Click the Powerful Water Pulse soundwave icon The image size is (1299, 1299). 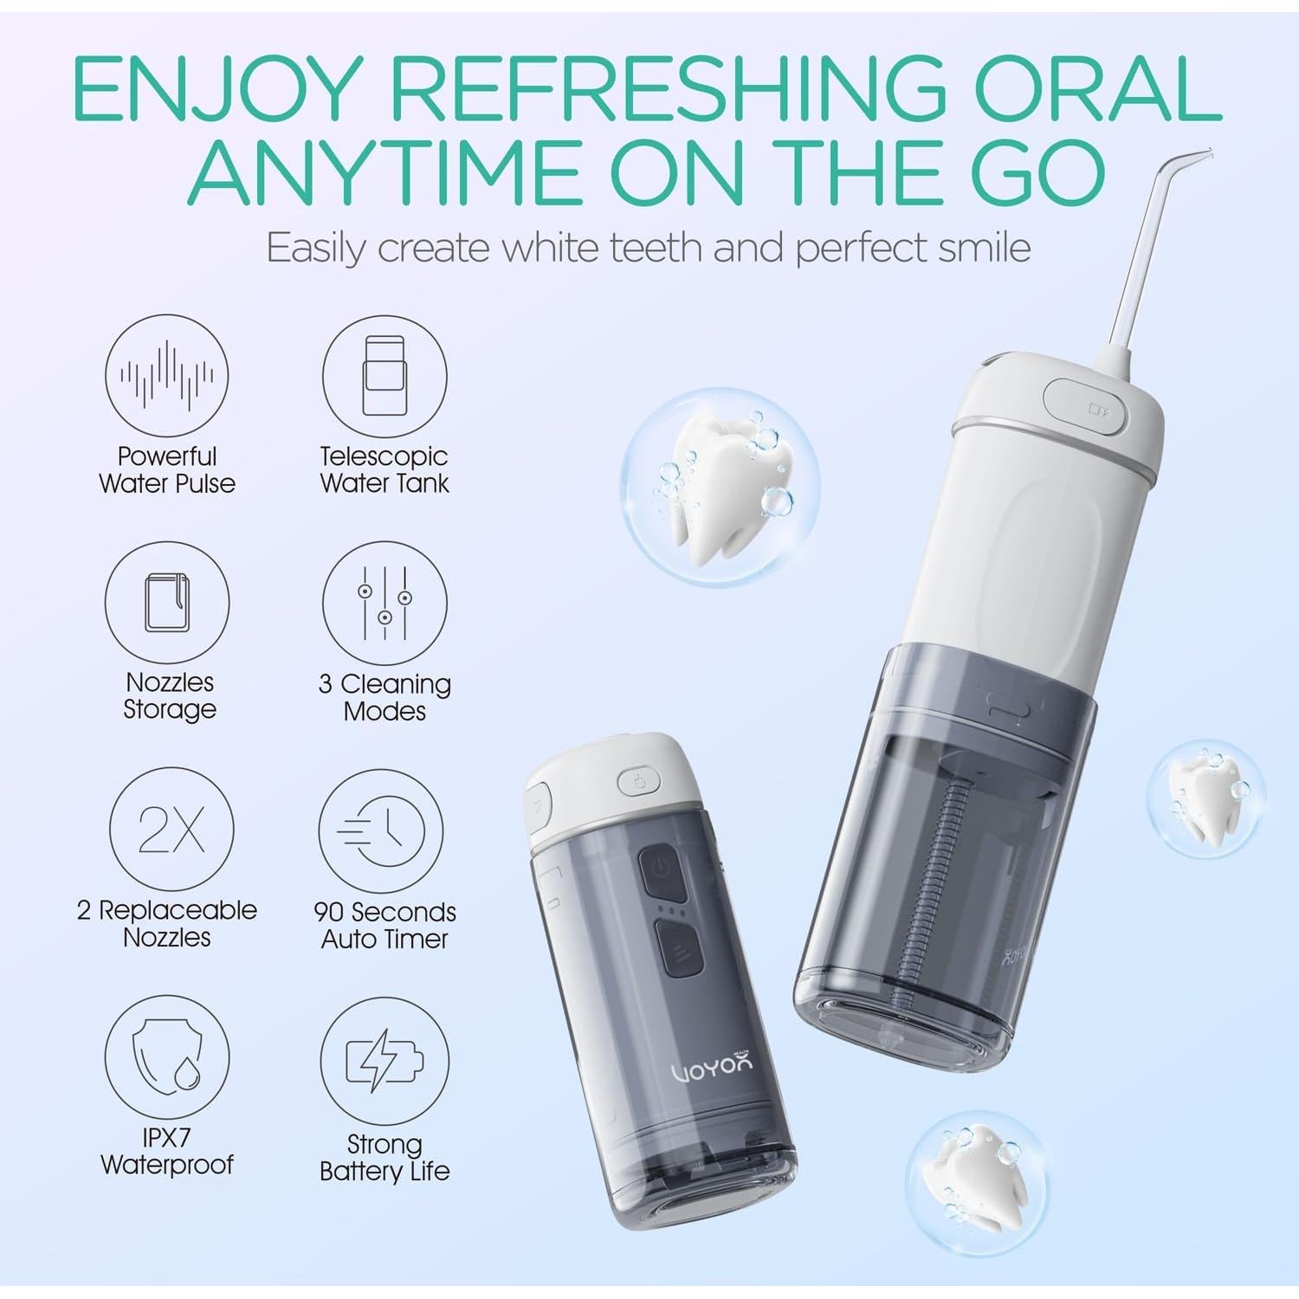(167, 376)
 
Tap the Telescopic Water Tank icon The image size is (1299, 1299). (385, 376)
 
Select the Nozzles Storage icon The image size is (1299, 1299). (167, 603)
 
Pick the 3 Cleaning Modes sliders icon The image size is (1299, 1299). (385, 603)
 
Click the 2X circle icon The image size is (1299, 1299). (171, 829)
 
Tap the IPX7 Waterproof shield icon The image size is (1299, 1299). (167, 1057)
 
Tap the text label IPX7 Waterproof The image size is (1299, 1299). (167, 1151)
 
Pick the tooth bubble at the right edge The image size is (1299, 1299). (1205, 798)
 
